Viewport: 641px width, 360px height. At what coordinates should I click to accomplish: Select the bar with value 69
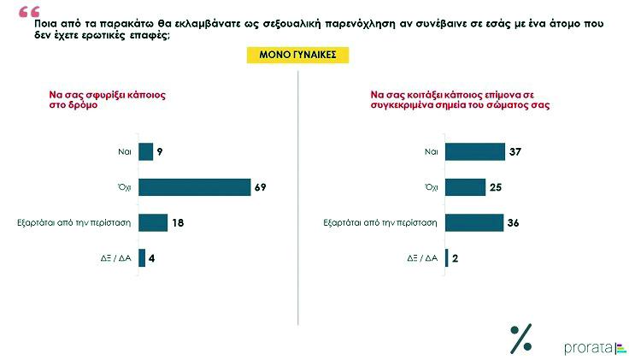click(194, 187)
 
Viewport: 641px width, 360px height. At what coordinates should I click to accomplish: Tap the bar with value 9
click(145, 152)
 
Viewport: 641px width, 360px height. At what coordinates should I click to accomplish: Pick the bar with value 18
click(153, 222)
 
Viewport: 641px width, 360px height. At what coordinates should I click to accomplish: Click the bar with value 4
click(142, 257)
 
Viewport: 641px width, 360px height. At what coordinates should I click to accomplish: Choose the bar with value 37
click(475, 152)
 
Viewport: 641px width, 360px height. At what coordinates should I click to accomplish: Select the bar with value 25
click(466, 187)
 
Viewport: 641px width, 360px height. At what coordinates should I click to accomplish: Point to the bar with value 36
click(474, 222)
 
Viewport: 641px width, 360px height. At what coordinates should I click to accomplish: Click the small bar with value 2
click(447, 257)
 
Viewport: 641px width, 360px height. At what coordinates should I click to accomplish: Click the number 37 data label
click(515, 152)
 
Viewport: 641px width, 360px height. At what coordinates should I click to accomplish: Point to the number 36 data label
click(514, 222)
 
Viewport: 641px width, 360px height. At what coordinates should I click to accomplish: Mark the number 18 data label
click(179, 222)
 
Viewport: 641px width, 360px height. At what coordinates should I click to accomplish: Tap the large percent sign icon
click(520, 339)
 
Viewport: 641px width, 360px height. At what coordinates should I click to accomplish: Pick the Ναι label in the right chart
click(431, 152)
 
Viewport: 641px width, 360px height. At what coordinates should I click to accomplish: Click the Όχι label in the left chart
click(124, 187)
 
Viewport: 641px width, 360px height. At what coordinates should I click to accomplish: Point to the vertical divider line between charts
click(298, 197)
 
